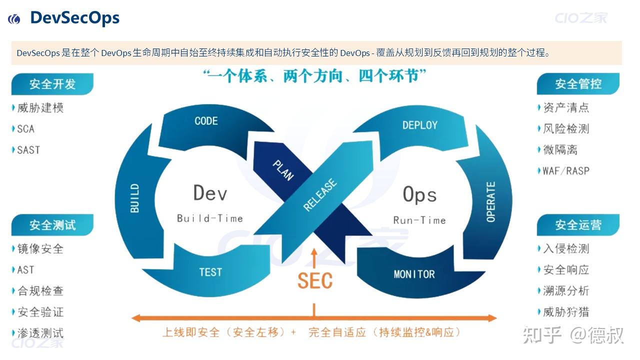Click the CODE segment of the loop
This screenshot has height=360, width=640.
tap(206, 121)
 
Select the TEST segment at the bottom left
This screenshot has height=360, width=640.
tap(210, 272)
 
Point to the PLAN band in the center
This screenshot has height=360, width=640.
tap(283, 170)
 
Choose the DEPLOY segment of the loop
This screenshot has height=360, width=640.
tap(419, 125)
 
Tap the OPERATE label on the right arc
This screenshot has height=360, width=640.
tap(491, 201)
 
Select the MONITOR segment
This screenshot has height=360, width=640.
tap(414, 274)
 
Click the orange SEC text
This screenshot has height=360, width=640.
tap(315, 281)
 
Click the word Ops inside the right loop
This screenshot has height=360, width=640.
tap(419, 194)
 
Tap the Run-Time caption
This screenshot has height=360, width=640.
tap(419, 220)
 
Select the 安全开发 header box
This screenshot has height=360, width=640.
tap(52, 84)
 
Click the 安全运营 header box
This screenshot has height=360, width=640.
tap(578, 225)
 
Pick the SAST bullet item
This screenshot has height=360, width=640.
tap(28, 150)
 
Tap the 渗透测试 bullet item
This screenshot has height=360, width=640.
tap(40, 333)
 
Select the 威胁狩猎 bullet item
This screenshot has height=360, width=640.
tap(566, 312)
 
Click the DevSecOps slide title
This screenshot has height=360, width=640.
tap(74, 18)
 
